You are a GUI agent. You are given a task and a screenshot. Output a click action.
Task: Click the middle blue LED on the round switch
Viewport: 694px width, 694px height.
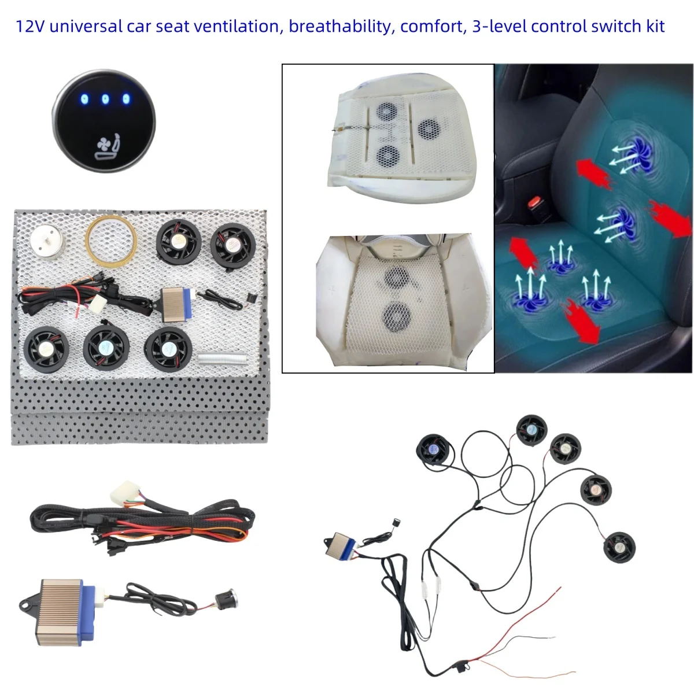tap(105, 99)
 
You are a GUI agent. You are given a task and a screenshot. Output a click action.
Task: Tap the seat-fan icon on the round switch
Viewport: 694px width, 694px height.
tap(107, 146)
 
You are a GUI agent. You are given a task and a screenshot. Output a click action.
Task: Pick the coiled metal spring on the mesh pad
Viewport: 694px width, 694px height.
tap(223, 359)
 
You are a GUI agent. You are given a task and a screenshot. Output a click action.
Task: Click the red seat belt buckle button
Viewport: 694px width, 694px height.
tap(534, 202)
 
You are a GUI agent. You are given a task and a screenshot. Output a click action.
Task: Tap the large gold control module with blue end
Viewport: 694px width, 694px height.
tap(61, 612)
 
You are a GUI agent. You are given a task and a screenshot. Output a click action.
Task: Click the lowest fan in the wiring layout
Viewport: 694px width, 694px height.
tap(619, 548)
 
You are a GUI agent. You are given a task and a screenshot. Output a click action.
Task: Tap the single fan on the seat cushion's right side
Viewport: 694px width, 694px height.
tap(429, 129)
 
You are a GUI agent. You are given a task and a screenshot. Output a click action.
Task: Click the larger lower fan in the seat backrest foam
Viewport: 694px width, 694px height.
tap(397, 318)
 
